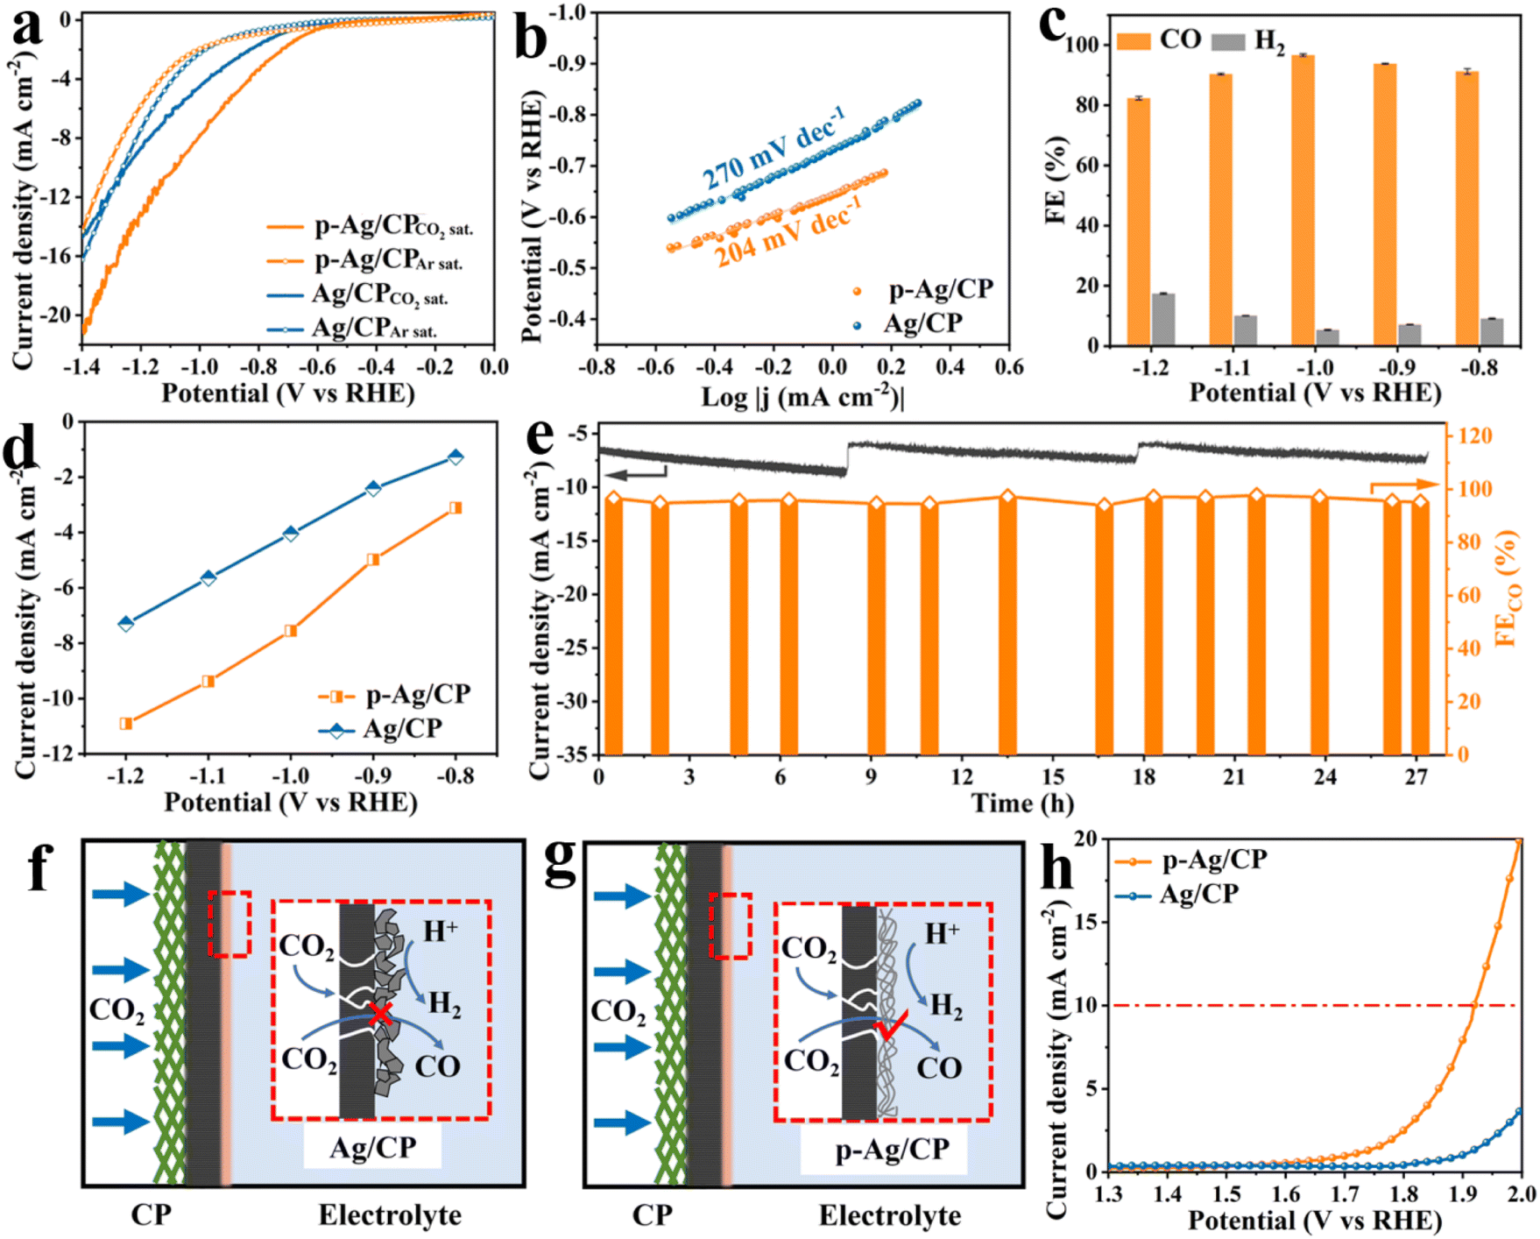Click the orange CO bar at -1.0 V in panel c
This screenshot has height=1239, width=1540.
(1303, 200)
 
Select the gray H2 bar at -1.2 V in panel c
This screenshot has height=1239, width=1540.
(1163, 319)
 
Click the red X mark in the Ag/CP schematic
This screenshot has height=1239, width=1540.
(381, 1015)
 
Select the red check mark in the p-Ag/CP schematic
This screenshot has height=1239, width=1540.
(891, 1023)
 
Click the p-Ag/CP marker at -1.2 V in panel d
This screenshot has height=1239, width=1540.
(126, 724)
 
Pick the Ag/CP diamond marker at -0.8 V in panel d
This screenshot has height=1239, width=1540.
(456, 457)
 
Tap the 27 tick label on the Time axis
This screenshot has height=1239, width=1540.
(1416, 777)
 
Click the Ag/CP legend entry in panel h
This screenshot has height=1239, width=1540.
(1176, 895)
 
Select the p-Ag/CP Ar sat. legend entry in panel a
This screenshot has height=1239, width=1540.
(364, 260)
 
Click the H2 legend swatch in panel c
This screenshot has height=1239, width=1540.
(1227, 41)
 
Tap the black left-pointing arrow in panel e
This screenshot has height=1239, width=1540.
(636, 474)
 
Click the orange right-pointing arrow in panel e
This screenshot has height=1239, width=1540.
(1403, 485)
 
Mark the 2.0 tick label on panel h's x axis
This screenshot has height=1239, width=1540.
(1521, 1193)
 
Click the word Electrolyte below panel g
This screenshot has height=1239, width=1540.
(890, 1216)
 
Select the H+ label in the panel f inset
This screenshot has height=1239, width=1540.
(441, 931)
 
